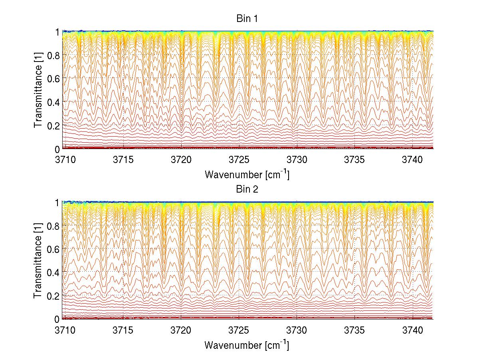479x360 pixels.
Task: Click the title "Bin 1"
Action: click(x=247, y=19)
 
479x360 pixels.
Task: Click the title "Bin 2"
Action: click(x=247, y=189)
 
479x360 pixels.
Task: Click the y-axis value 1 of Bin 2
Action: click(x=57, y=202)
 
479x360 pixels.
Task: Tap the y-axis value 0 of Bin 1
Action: click(x=57, y=149)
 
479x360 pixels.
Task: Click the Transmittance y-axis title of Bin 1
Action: click(x=38, y=90)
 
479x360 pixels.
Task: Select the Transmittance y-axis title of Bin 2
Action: click(x=38, y=261)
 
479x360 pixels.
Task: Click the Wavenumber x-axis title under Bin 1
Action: click(x=247, y=175)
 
